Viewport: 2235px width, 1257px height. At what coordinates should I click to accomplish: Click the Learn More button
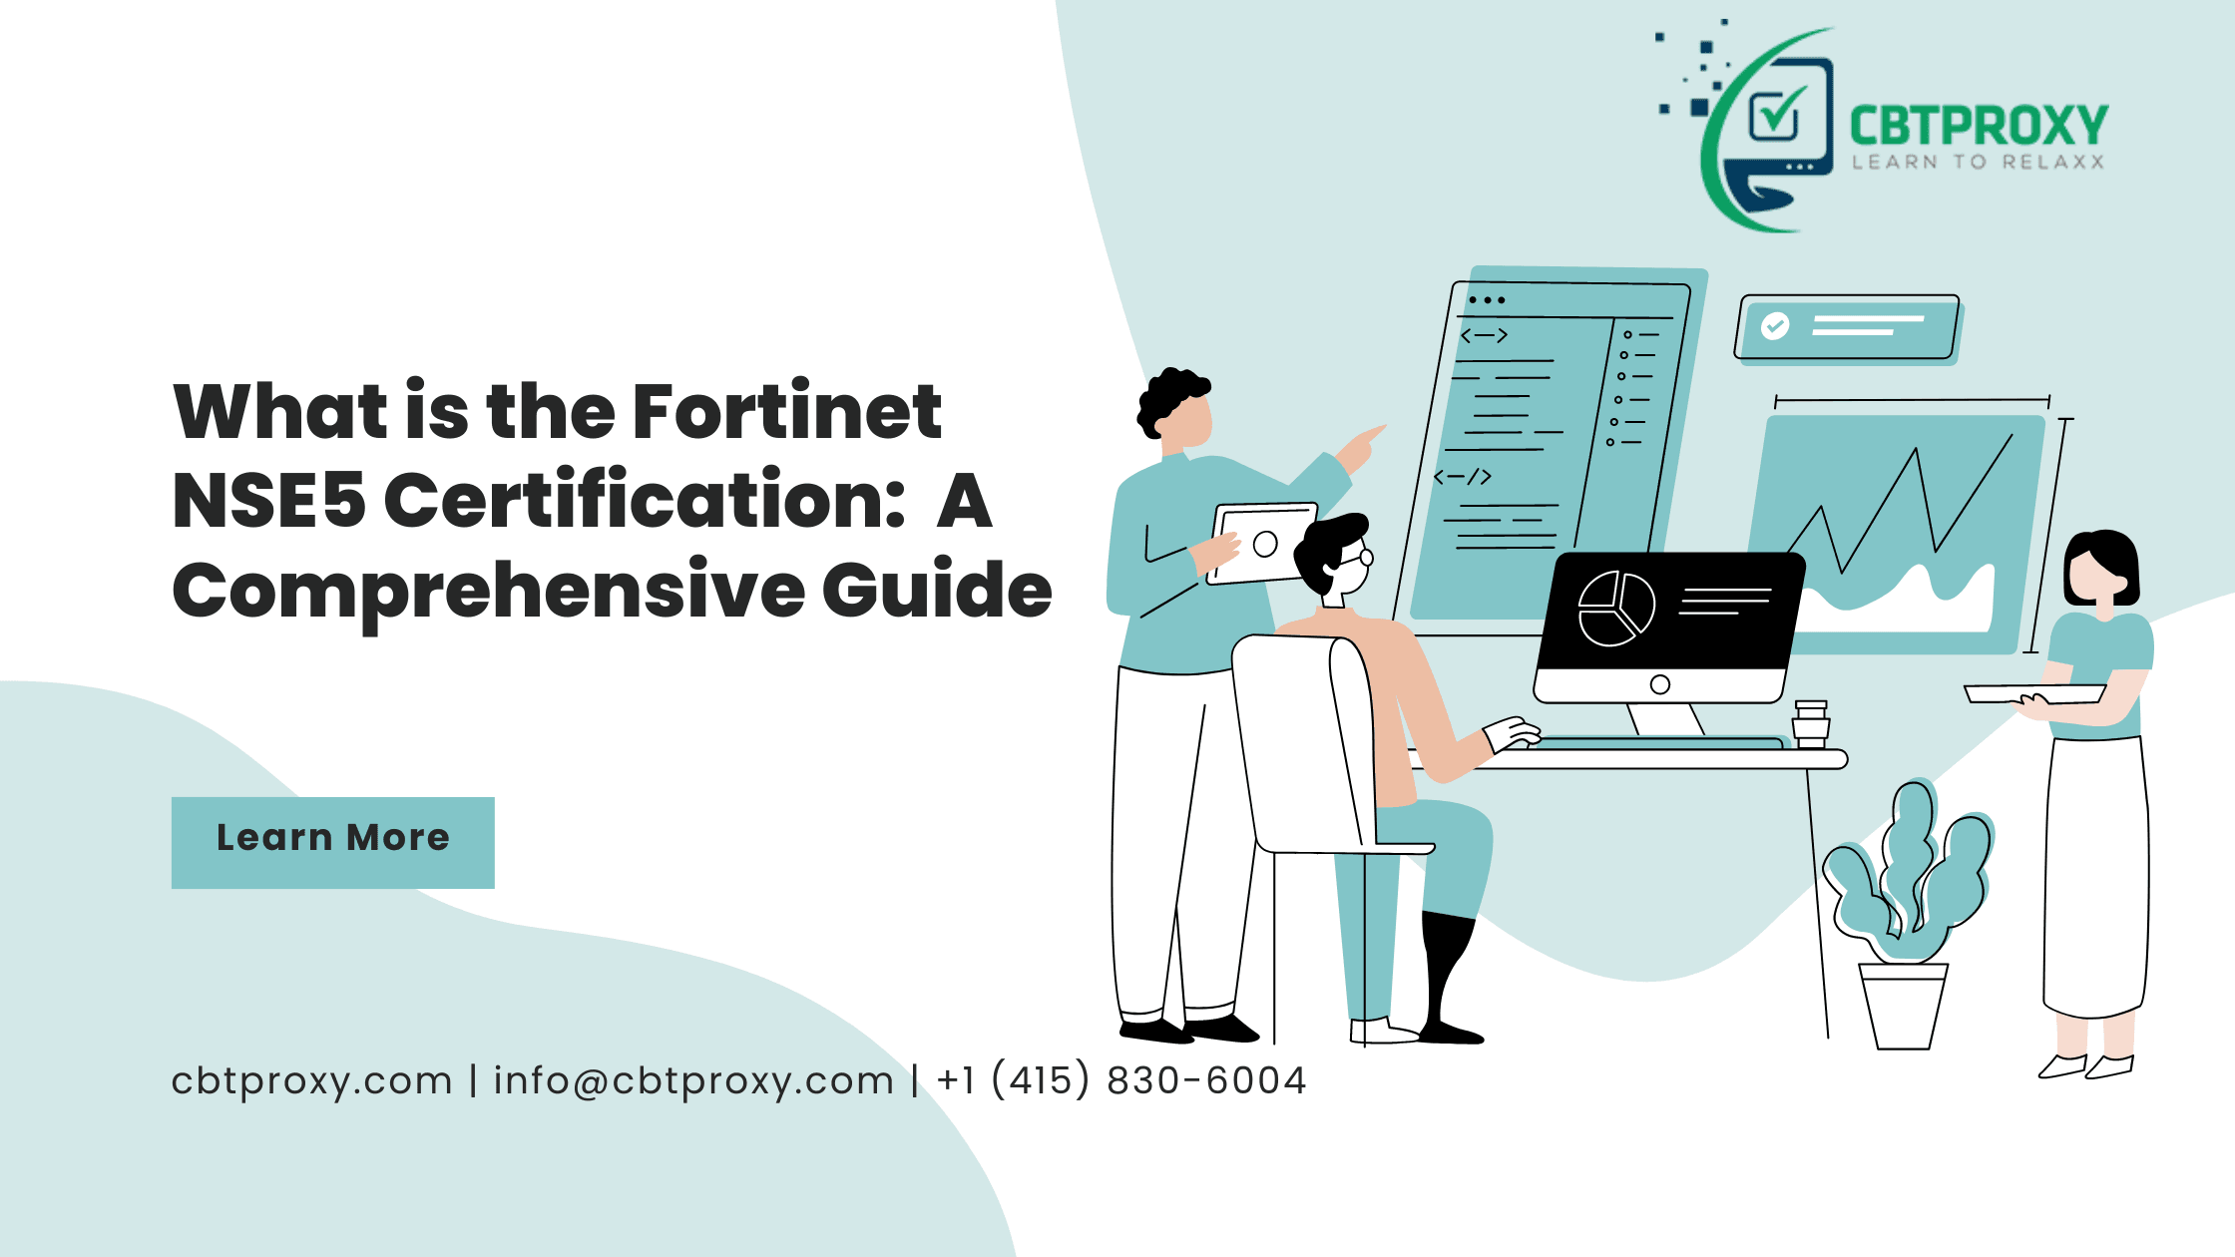333,842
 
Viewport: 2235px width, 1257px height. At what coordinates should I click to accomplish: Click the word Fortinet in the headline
787,411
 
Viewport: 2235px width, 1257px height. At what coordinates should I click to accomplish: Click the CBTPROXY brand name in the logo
1979,127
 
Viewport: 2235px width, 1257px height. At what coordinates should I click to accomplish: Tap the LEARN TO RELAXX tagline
1979,162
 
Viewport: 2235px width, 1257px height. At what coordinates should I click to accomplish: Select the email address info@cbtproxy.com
693,1080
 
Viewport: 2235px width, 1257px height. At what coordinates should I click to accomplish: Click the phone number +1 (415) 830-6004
1121,1080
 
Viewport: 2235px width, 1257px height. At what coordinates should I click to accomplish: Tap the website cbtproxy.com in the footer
312,1081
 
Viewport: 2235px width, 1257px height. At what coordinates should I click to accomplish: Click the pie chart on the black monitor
1616,609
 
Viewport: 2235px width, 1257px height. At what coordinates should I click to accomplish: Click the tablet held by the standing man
1262,544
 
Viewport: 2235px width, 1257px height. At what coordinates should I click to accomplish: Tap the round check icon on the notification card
1775,325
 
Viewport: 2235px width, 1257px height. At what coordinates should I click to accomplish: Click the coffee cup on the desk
1811,724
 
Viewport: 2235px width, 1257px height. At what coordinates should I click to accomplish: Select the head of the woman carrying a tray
2101,569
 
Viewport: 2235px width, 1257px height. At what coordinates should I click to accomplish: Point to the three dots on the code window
1487,299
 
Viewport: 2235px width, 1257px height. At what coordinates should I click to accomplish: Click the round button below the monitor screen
1660,684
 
